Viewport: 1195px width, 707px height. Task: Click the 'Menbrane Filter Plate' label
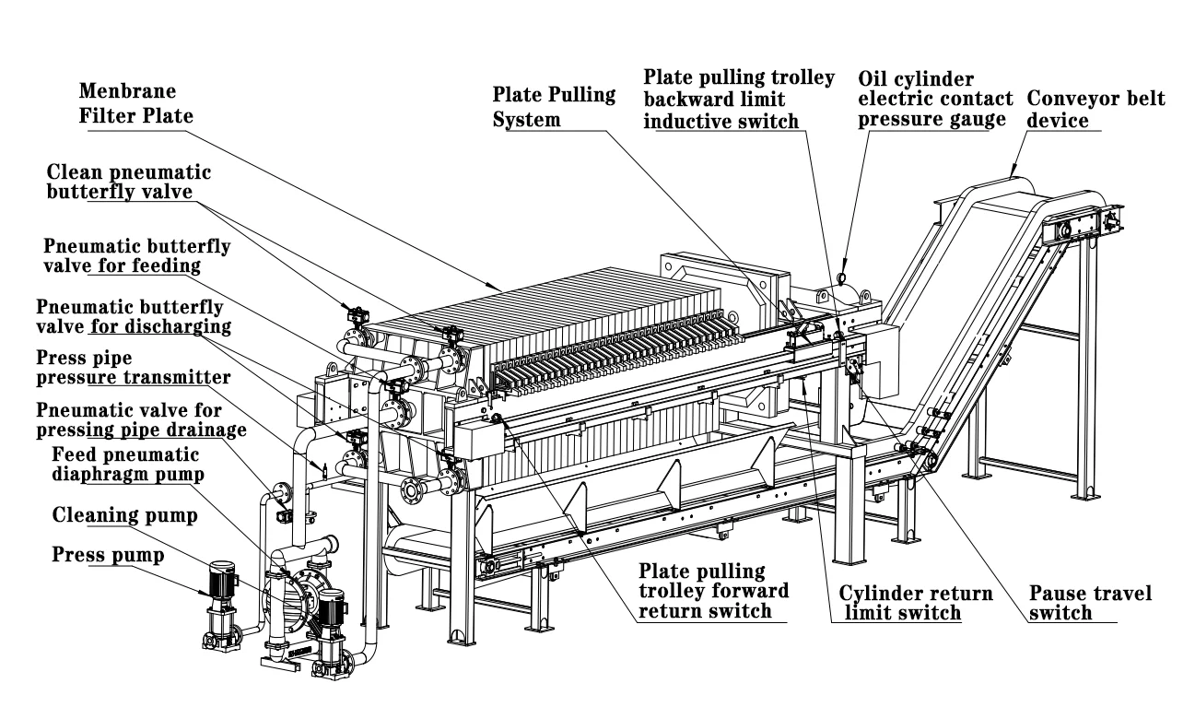tap(139, 104)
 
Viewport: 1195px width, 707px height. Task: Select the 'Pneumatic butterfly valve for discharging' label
tap(133, 315)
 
